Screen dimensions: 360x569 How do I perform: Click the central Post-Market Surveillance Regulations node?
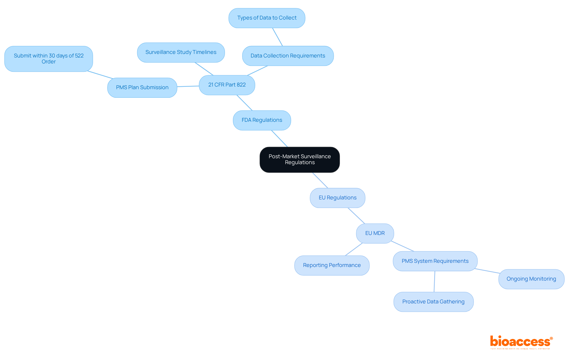(300, 160)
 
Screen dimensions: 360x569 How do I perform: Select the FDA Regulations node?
(262, 120)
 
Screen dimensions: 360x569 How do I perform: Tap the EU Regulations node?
(337, 198)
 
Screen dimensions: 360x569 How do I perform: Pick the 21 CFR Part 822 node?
(227, 85)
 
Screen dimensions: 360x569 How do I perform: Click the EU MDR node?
(375, 233)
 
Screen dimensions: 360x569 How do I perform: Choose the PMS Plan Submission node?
(142, 88)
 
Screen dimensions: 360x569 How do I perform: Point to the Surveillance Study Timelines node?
(181, 52)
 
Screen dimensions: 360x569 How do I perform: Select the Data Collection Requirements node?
(287, 56)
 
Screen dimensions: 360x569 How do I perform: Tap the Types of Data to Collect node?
(267, 18)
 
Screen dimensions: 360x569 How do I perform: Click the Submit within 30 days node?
(49, 59)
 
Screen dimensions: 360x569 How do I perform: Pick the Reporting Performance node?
(332, 265)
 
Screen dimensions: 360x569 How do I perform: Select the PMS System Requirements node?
(435, 261)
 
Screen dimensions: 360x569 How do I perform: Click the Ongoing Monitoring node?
(531, 279)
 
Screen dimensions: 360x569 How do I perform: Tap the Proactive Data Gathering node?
(433, 302)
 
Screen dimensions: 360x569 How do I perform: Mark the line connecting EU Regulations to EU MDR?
(356, 216)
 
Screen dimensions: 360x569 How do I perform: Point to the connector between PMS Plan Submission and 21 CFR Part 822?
(188, 86)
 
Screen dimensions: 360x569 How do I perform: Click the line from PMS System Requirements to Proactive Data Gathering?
(434, 281)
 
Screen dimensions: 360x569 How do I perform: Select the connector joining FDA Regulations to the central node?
(279, 139)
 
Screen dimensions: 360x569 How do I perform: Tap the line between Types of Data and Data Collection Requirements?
(277, 37)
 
